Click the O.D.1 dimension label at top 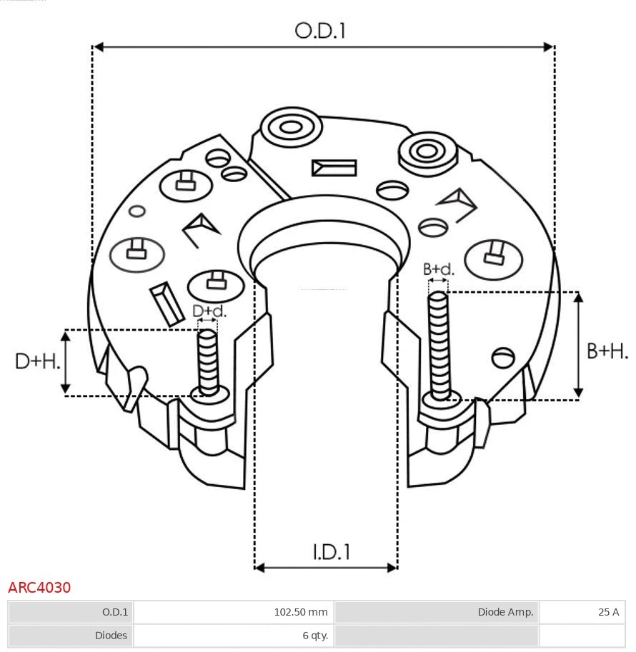coord(320,31)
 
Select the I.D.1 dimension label coord(331,552)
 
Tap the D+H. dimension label coord(37,361)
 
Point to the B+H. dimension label coord(607,351)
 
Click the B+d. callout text coord(438,269)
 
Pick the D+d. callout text coord(209,311)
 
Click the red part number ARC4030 coord(39,588)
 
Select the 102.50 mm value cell coord(301,612)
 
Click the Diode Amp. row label coord(505,612)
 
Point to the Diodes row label coord(111,636)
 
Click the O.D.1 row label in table coord(114,612)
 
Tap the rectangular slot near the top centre coord(334,168)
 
